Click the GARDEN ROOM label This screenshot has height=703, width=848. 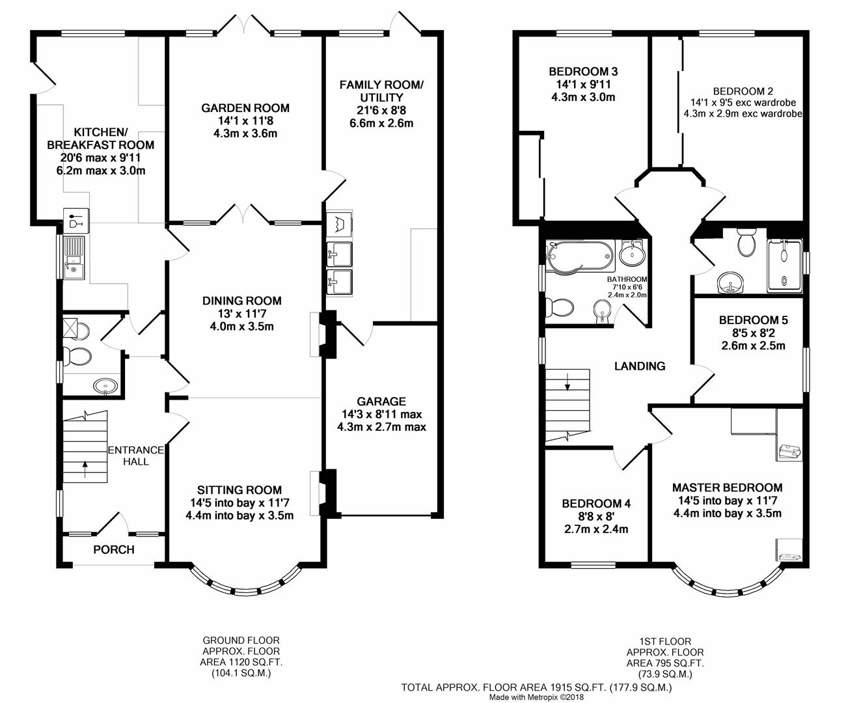(245, 108)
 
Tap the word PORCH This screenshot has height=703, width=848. (114, 549)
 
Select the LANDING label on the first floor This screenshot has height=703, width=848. (640, 366)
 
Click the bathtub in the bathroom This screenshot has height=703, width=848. (580, 256)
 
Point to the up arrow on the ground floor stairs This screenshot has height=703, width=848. (85, 469)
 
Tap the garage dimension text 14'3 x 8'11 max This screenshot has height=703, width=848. (381, 414)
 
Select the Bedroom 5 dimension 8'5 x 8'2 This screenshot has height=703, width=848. (754, 333)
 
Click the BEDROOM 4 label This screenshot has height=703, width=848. (596, 504)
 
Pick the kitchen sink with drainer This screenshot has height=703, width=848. (73, 258)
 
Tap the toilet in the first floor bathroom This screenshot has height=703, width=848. (560, 307)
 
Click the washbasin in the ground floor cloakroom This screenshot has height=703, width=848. (105, 385)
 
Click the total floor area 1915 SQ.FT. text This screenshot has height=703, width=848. (536, 687)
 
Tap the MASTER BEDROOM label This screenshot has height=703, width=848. (728, 488)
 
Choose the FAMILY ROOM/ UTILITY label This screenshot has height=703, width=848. (381, 91)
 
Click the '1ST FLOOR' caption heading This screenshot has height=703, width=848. (665, 642)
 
